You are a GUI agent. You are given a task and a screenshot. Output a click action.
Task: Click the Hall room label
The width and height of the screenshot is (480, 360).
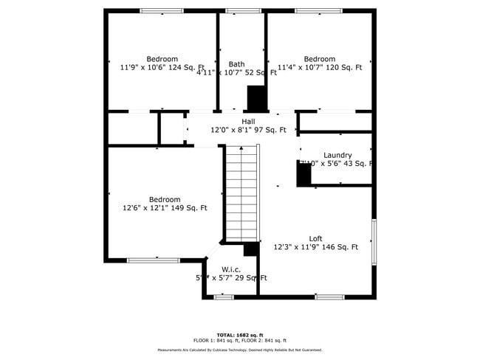(248, 122)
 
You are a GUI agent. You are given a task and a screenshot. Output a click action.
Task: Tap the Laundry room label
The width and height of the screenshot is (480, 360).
(337, 155)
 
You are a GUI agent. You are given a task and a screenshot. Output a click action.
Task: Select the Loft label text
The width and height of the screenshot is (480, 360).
(315, 238)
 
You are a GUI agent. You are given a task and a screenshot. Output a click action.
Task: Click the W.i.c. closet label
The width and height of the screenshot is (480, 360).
(231, 269)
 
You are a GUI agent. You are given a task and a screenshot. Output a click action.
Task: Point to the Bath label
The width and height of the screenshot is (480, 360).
(236, 64)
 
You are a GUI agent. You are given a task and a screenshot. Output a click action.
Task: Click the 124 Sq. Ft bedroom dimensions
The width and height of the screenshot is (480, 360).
(162, 68)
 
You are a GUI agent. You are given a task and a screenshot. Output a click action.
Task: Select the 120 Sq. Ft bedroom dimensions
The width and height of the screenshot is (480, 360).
(319, 68)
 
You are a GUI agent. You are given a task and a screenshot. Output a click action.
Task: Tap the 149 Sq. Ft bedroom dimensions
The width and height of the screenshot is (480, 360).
(165, 208)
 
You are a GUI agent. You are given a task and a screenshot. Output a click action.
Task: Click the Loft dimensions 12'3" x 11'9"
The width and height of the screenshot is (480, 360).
(315, 247)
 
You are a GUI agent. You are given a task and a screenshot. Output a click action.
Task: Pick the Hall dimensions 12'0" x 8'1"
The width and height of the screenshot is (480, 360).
(248, 130)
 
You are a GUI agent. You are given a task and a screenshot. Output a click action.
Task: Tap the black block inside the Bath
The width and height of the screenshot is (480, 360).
(256, 97)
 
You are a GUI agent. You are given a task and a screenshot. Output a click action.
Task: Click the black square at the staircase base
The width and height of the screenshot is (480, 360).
(250, 249)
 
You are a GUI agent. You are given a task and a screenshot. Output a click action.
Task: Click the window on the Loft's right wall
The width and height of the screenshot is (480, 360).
(374, 243)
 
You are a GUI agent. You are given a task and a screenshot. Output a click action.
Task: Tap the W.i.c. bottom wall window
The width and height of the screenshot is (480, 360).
(224, 297)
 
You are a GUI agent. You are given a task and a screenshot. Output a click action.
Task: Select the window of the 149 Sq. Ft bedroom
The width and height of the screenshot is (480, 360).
(154, 260)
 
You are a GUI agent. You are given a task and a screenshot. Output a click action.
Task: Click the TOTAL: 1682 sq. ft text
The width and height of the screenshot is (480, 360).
(239, 334)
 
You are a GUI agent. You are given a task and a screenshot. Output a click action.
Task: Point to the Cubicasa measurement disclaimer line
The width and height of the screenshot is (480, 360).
(239, 350)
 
